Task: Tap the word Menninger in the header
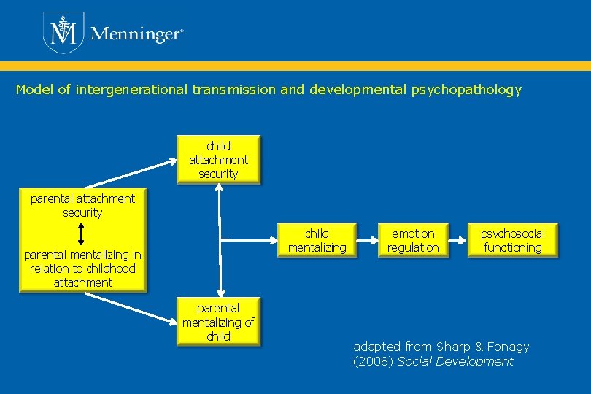pos(135,34)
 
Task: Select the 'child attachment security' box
pos(218,160)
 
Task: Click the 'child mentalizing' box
pos(317,241)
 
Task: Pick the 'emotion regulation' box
pos(413,241)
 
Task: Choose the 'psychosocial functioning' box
pos(512,241)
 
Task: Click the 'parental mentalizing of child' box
pos(218,322)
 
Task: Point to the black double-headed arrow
pos(81,233)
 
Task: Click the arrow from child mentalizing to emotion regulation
pos(365,240)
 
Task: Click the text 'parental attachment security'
pos(82,205)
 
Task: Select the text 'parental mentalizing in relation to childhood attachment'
pos(82,269)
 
